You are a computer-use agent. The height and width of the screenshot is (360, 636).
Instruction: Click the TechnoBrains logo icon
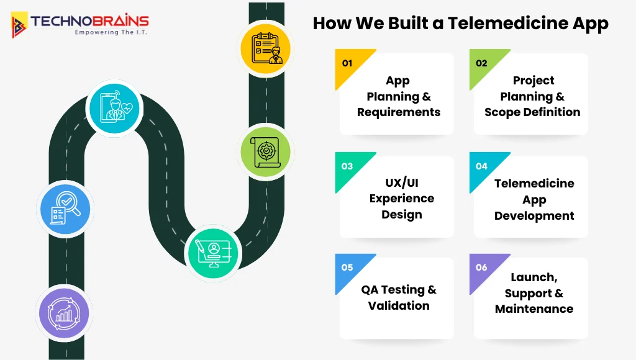(x=19, y=25)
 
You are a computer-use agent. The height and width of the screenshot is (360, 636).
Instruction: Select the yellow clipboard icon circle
(x=266, y=48)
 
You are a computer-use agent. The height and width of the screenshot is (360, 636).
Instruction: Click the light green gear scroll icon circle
(x=266, y=151)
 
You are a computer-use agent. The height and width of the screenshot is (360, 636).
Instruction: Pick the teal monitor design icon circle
(x=214, y=253)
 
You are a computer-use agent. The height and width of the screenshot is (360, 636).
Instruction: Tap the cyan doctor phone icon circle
(x=114, y=108)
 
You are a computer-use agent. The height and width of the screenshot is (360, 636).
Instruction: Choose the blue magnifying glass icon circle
(x=65, y=209)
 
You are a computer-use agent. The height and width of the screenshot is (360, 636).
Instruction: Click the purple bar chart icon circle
(x=64, y=313)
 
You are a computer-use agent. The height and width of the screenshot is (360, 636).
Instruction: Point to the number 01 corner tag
(x=347, y=63)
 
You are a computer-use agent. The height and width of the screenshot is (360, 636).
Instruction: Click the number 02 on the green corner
(x=481, y=63)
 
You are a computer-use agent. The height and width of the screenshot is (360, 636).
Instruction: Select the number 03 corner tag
(x=347, y=166)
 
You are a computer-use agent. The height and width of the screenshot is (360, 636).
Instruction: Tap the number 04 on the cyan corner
(x=481, y=166)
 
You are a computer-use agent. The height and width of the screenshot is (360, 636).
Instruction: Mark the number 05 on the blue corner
(x=347, y=268)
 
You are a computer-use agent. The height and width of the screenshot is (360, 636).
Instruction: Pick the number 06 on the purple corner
(x=481, y=268)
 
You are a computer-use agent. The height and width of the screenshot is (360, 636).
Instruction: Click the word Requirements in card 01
(x=399, y=112)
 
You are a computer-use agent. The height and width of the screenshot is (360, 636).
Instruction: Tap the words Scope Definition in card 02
(x=532, y=112)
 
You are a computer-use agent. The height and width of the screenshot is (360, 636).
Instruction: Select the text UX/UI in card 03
(x=402, y=183)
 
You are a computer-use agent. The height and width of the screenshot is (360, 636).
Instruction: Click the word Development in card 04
(x=534, y=215)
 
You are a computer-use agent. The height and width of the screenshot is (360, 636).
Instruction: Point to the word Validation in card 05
(x=399, y=305)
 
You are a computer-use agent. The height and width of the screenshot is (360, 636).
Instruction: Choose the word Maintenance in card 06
(x=534, y=309)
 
